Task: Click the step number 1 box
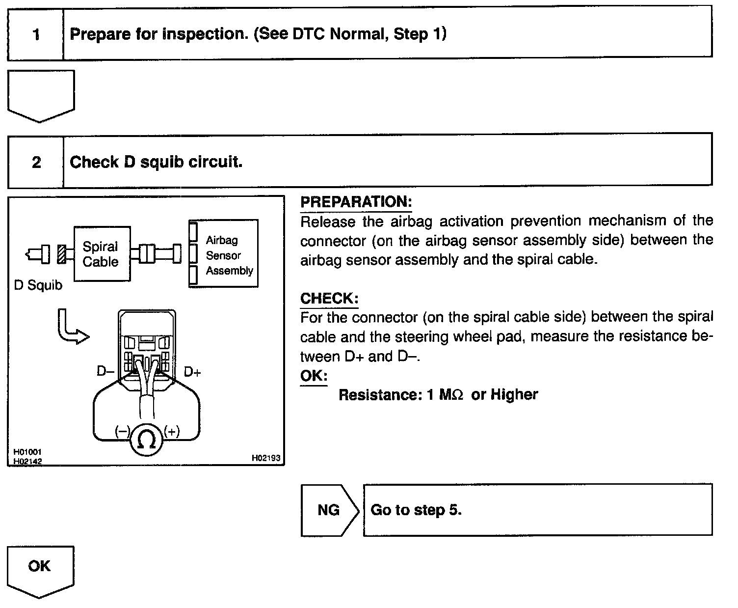click(x=36, y=34)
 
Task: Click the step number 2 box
click(x=36, y=163)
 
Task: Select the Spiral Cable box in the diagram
click(x=101, y=254)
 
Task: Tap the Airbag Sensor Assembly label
click(x=229, y=255)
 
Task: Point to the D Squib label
click(x=38, y=285)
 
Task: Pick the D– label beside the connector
click(x=105, y=372)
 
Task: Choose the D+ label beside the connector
click(x=192, y=372)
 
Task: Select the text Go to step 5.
click(x=416, y=510)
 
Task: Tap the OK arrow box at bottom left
click(x=40, y=569)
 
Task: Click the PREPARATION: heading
click(x=356, y=202)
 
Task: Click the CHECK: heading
click(x=329, y=299)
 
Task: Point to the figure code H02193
click(x=265, y=458)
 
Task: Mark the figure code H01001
click(x=24, y=452)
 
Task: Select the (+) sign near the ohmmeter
click(x=172, y=432)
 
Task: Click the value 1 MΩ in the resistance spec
click(x=445, y=395)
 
